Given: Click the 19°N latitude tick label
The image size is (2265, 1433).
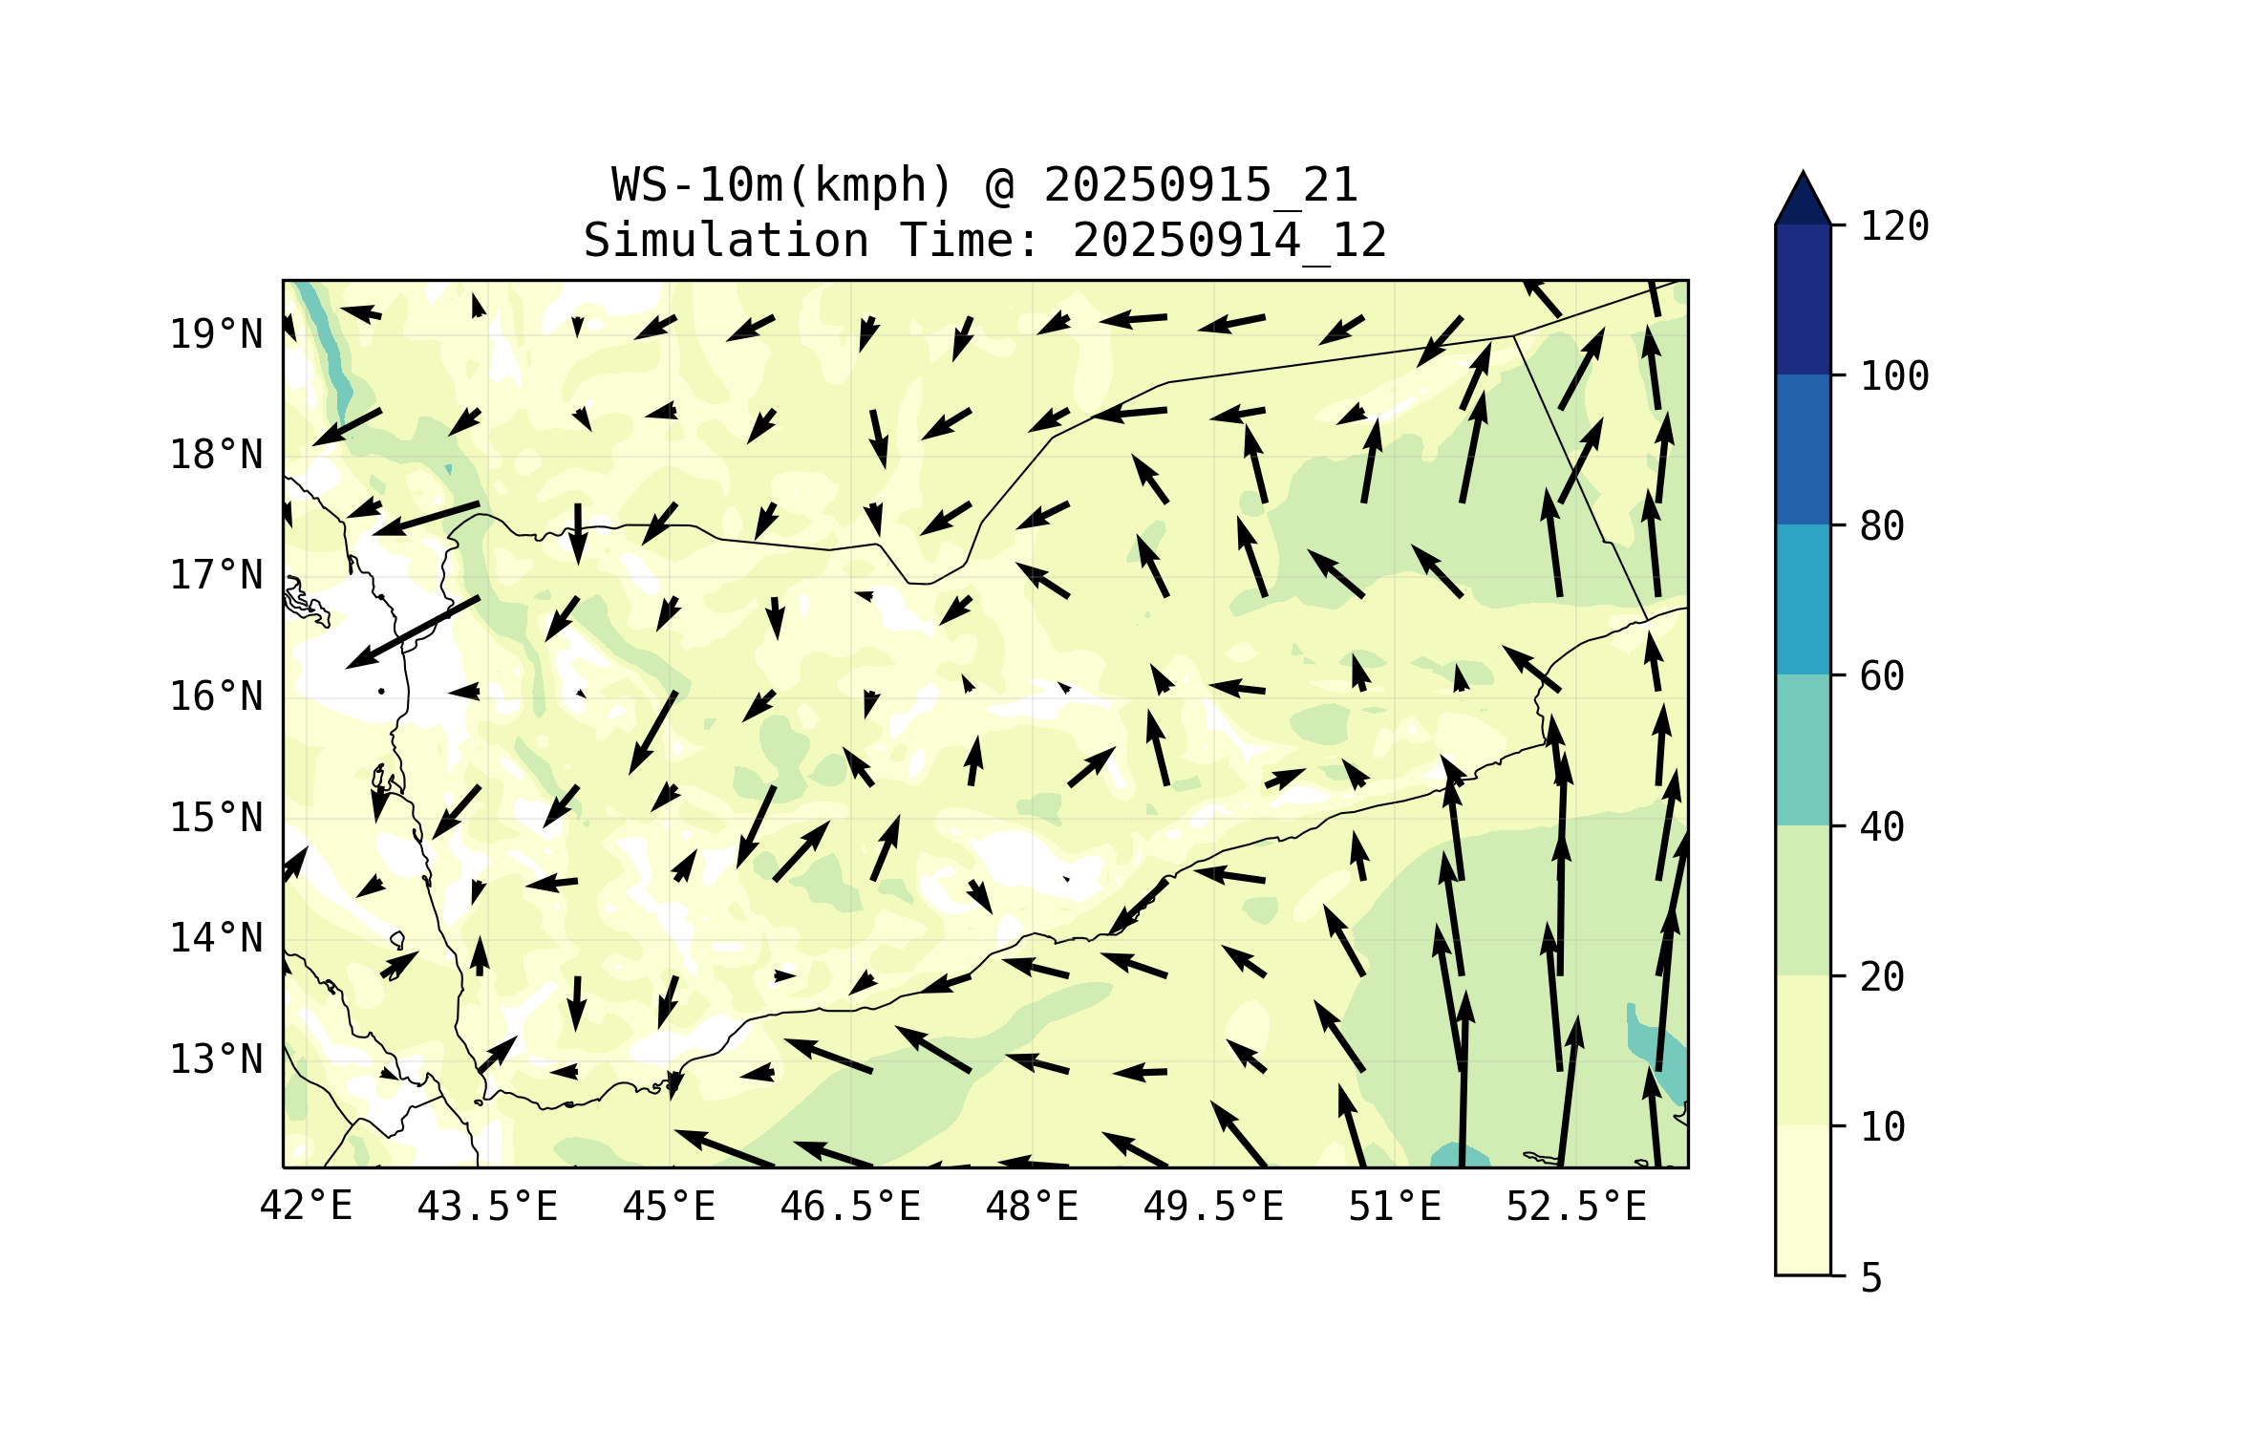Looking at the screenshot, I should coord(216,334).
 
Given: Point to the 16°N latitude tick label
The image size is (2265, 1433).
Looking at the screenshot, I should coord(216,696).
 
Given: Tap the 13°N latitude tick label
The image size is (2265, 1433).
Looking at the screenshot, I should coord(216,1059).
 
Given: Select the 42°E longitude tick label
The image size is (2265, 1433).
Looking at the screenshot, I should coord(307,1207).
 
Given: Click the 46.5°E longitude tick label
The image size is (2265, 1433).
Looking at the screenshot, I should coord(850,1207).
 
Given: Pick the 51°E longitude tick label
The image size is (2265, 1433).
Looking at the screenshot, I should coord(1395,1207).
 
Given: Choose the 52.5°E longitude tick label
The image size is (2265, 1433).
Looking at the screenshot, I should coord(1576,1207).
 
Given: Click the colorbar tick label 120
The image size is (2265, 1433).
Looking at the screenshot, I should coord(1894,226).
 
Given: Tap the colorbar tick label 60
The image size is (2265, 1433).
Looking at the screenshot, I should coord(1882,676).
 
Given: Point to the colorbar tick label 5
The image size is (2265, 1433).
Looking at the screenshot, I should coord(1871,1278).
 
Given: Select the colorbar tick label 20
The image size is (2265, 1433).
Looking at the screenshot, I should coord(1882,976).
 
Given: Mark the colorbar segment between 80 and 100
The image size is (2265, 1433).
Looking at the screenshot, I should coord(1803,449).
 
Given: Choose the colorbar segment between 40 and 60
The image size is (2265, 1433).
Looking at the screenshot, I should coord(1803,750).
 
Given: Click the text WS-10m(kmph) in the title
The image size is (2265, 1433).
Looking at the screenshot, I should coord(782,185).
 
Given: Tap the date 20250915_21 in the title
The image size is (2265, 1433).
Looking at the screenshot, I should coord(1201,185).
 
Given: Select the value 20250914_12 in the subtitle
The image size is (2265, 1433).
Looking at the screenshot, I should coord(1229,241).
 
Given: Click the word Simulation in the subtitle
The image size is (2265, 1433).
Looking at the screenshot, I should coord(726,241).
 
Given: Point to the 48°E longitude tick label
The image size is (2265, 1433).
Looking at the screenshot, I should coord(1032,1207).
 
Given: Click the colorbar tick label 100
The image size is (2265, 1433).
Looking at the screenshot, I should coord(1894,376).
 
